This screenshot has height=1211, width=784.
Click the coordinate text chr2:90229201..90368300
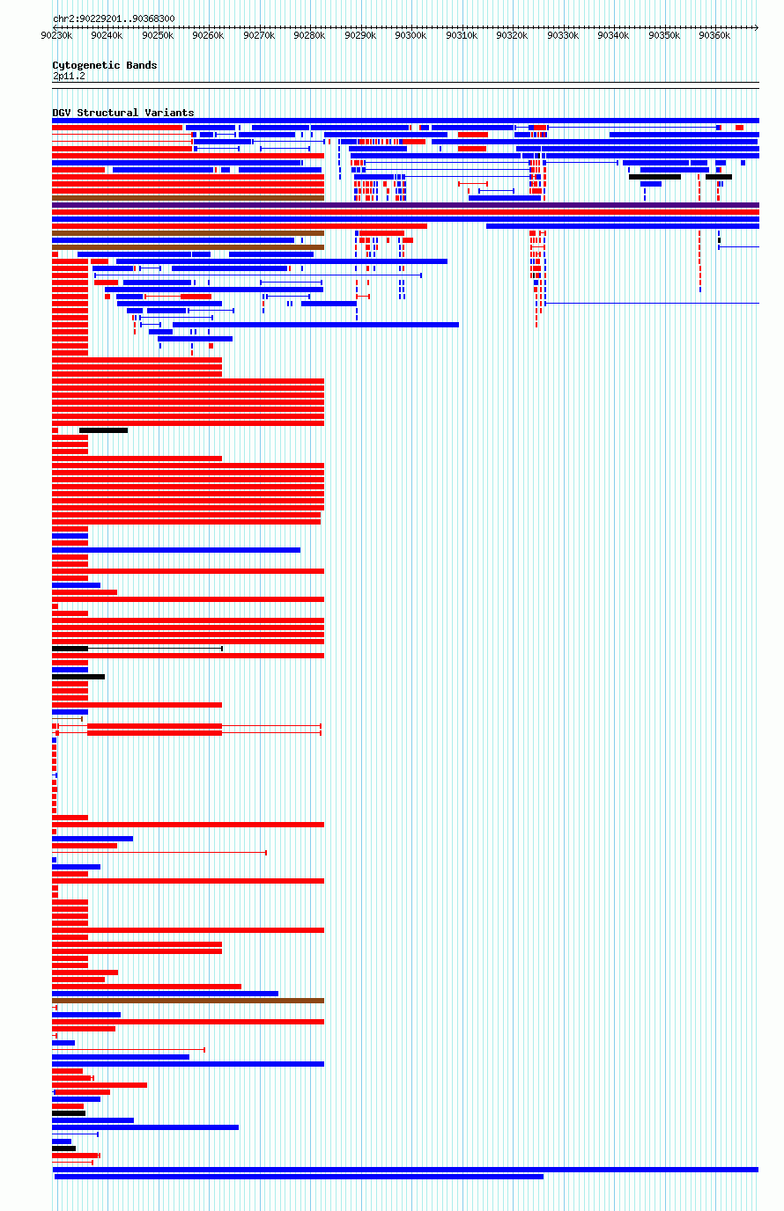coord(114,18)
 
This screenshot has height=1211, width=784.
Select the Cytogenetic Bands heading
coord(105,65)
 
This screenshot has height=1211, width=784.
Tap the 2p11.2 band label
coord(69,77)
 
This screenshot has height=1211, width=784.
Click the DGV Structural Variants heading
coord(122,113)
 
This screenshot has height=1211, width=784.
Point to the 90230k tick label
coord(56,36)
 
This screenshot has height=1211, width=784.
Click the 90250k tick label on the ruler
coord(158,36)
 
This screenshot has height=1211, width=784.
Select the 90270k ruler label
coord(259,36)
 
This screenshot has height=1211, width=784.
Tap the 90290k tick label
coord(359,36)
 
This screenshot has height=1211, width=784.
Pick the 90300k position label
coord(410,36)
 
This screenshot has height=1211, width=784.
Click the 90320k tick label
coord(512,36)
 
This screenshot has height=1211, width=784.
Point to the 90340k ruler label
coord(613,36)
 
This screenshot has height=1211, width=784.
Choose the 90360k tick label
coord(714,36)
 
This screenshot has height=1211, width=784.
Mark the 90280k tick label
coord(309,36)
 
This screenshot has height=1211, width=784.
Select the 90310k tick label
coord(462,36)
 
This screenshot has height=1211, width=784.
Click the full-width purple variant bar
coord(405,205)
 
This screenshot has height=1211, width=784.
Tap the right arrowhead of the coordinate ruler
coord(757,27)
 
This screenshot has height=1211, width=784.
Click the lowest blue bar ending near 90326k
coord(299,1177)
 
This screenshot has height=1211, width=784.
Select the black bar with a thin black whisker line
coord(137,649)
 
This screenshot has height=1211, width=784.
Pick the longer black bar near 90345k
coord(655,177)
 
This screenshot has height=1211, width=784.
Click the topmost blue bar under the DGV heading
coord(405,121)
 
